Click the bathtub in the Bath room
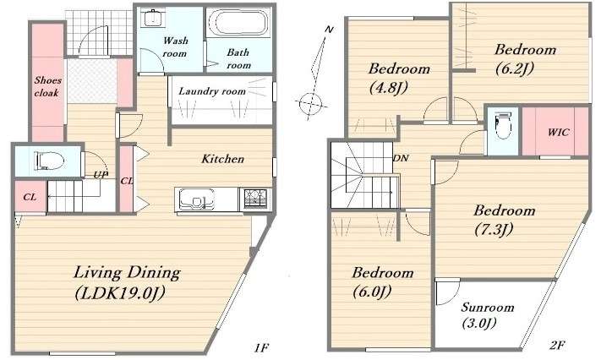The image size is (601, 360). click(239, 23)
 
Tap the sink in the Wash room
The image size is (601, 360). click(152, 18)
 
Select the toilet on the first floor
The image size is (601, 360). click(49, 161)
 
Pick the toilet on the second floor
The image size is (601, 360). click(502, 126)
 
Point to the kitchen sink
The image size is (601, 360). click(198, 199)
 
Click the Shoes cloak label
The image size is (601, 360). click(47, 86)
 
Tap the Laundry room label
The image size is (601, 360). click(212, 91)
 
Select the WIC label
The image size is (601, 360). click(559, 133)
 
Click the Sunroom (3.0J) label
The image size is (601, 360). click(487, 315)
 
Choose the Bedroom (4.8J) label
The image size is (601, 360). click(399, 79)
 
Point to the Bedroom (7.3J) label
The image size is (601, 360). click(504, 220)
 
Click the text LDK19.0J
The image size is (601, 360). click(120, 293)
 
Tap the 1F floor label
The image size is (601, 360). click(261, 347)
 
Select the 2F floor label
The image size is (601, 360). click(557, 346)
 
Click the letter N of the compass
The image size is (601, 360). click(329, 29)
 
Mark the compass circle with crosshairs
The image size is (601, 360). click(310, 102)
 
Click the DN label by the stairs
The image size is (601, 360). click(401, 157)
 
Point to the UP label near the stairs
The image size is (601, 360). click(101, 174)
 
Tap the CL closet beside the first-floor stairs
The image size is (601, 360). click(30, 197)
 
